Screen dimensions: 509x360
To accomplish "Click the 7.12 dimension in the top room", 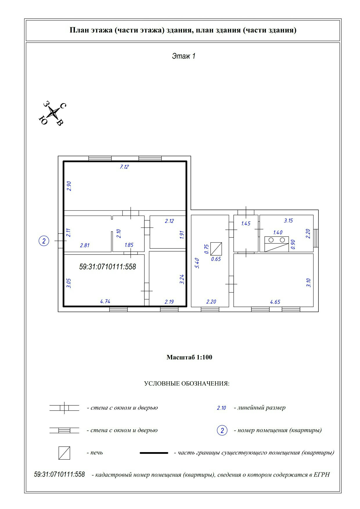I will coord(124,167).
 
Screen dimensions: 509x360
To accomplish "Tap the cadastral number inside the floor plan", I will coord(107,267).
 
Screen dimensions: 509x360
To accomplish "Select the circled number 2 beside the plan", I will coord(44,241).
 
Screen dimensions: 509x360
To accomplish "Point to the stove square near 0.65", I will coord(216,249).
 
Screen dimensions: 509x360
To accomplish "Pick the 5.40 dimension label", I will coord(197,263).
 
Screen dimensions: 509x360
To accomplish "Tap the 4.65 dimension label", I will coord(275,302).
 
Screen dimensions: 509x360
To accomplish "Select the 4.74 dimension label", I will coord(105,302).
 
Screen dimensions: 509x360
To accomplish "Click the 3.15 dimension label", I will coord(288,221).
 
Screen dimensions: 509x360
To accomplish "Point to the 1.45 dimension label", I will coord(246,223).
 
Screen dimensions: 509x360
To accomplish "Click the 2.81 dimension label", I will coord(84,246).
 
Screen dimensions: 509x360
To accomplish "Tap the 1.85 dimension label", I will coord(129,245).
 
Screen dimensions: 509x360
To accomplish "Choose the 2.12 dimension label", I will coord(169,221).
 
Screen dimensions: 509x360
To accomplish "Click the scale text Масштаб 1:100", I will coord(189,357).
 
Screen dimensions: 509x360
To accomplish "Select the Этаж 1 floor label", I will coord(183,56).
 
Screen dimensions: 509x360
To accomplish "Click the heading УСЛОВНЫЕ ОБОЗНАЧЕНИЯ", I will coord(187,384).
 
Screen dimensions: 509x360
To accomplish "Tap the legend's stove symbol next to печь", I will coord(64,453).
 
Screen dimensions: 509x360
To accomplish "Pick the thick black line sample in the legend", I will coord(154,453).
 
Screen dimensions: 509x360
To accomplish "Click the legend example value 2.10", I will coord(221,408).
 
